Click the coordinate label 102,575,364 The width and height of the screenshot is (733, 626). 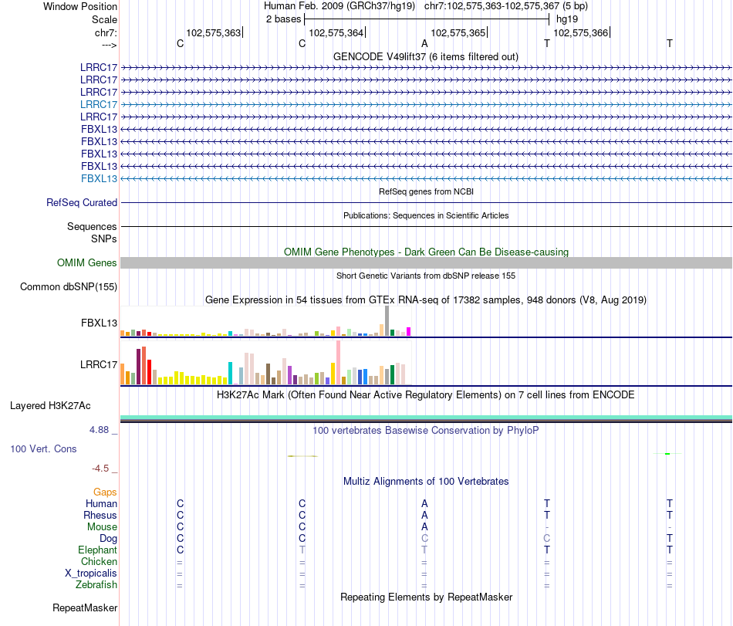336,32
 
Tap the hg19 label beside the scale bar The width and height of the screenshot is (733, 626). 567,19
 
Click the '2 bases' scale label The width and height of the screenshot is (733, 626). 284,19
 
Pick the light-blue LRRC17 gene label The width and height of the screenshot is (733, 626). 99,104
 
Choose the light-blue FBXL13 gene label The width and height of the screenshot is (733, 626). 99,178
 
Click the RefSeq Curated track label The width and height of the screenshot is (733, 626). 82,203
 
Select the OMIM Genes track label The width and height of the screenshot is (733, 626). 87,263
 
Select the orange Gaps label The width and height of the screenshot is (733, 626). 105,492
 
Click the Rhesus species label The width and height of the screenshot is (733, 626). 100,515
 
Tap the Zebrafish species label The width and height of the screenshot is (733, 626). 96,585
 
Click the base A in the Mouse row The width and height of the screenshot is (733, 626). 424,526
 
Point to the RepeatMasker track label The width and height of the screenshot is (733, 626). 85,608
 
